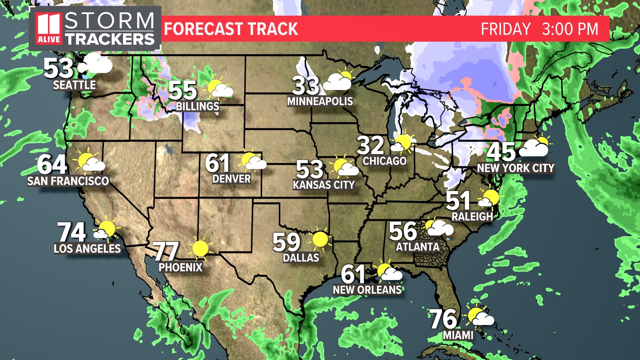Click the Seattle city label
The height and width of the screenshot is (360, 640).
74,85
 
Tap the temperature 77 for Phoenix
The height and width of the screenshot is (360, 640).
166,251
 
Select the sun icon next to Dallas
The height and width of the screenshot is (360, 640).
320,239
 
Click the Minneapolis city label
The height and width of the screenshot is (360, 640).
320,101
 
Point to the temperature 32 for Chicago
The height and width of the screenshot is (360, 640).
371,145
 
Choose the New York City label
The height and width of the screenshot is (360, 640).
516,168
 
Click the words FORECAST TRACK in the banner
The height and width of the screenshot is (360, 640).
231,29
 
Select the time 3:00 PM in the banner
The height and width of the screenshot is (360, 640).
570,29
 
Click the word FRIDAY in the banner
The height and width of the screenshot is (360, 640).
506,29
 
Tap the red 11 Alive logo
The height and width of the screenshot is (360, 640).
49,29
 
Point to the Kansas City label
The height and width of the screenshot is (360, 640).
324,185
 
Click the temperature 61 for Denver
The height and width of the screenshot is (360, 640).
217,163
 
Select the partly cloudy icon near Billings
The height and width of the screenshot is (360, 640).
219,88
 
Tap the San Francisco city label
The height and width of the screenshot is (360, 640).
68,181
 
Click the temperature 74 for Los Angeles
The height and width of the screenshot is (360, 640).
72,232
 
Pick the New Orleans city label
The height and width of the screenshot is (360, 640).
367,290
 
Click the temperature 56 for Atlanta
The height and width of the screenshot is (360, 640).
403,231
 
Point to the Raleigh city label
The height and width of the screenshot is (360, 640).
472,217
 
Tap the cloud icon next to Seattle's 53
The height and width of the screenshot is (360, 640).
96,64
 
